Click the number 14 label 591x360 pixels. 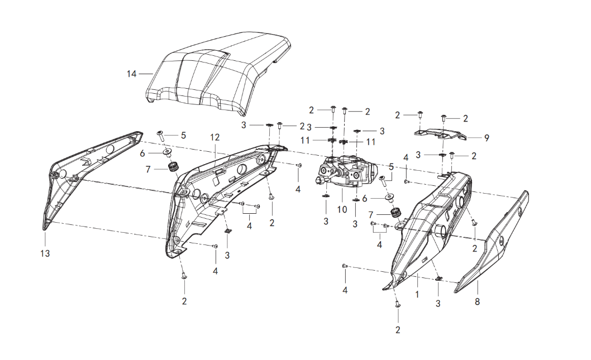(x=131, y=74)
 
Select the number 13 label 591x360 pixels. (x=45, y=253)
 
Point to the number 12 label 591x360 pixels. (x=215, y=137)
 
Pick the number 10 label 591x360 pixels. (x=342, y=209)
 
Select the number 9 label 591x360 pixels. (x=487, y=137)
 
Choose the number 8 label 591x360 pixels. (x=477, y=301)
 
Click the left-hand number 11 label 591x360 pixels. (x=305, y=140)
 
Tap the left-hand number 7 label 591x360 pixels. (x=147, y=168)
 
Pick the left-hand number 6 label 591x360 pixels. (x=142, y=153)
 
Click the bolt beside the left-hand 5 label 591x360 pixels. (x=159, y=135)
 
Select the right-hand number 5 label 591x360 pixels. (x=391, y=166)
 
